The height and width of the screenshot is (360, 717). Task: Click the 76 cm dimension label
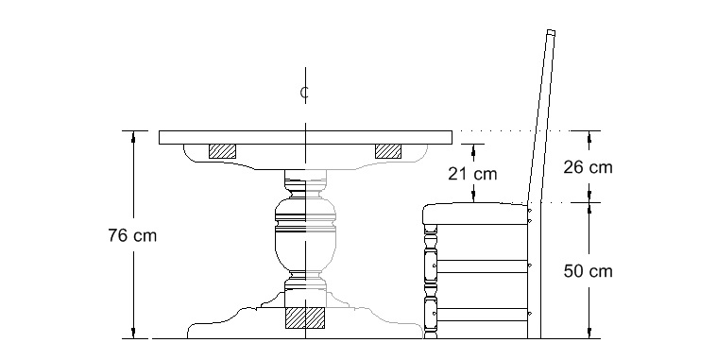pos(132,235)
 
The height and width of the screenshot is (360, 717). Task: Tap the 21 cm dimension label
pos(472,174)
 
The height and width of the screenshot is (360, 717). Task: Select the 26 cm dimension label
pos(588,167)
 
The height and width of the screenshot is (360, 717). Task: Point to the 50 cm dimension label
pos(588,271)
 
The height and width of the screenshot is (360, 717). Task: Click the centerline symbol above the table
pos(304,93)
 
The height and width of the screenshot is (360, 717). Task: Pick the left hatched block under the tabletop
pos(222,151)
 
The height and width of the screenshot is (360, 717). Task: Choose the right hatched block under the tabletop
pos(388,151)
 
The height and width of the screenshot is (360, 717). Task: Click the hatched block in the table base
pos(305,317)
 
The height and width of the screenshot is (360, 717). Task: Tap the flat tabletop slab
pos(305,138)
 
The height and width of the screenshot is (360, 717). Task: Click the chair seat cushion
pos(475,214)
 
